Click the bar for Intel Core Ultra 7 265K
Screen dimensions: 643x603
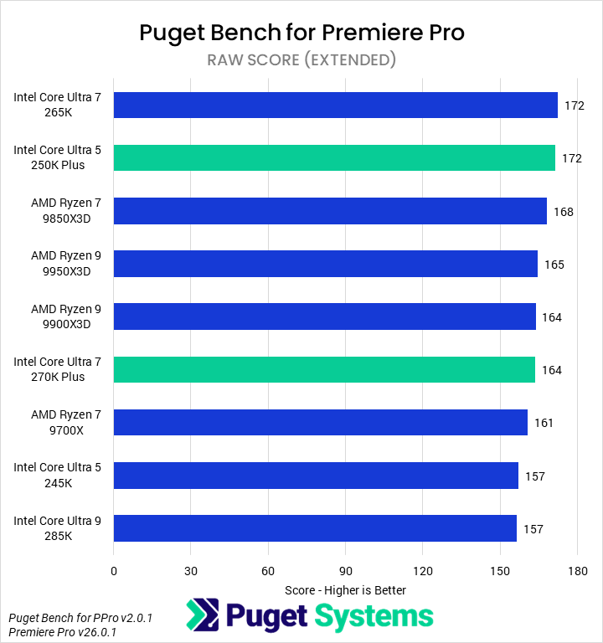tap(335, 105)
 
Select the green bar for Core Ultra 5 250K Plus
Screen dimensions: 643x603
tap(334, 157)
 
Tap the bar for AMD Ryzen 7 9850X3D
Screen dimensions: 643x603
tap(330, 210)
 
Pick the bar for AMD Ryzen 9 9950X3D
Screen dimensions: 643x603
tap(325, 263)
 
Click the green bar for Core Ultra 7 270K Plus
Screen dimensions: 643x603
tap(324, 369)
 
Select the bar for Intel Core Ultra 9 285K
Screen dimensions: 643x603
tap(315, 528)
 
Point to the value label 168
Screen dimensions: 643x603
tap(563, 212)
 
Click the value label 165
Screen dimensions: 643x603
tap(554, 265)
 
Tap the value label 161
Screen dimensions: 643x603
tap(544, 423)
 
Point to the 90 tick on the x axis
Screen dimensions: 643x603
tap(345, 571)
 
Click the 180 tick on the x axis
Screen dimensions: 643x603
tap(577, 571)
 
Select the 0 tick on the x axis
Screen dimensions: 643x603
tap(114, 571)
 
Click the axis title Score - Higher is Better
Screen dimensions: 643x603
tap(345, 589)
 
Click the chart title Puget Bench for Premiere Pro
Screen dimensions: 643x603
tap(301, 33)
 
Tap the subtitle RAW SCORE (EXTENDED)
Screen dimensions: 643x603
tap(301, 59)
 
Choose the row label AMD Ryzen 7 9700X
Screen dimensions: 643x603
tap(66, 422)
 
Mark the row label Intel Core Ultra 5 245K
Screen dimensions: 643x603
tap(57, 475)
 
